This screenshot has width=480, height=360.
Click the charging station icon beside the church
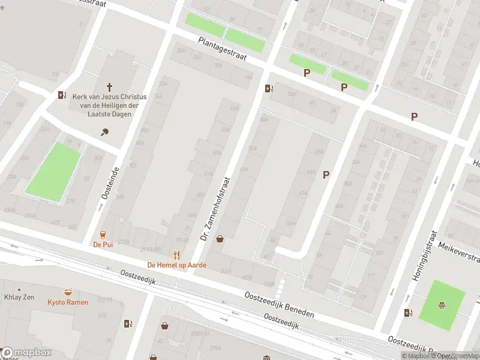62,95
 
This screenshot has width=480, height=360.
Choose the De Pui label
103,244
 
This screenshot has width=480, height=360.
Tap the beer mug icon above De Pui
103,234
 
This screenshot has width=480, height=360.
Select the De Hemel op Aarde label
176,265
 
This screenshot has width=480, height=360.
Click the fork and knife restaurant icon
176,254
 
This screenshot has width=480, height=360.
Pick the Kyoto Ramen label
68,302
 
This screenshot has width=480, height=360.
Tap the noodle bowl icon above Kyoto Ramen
68,292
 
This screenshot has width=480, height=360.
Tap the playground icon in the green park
442,304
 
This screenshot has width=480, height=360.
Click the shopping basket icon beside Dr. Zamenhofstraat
220,239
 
